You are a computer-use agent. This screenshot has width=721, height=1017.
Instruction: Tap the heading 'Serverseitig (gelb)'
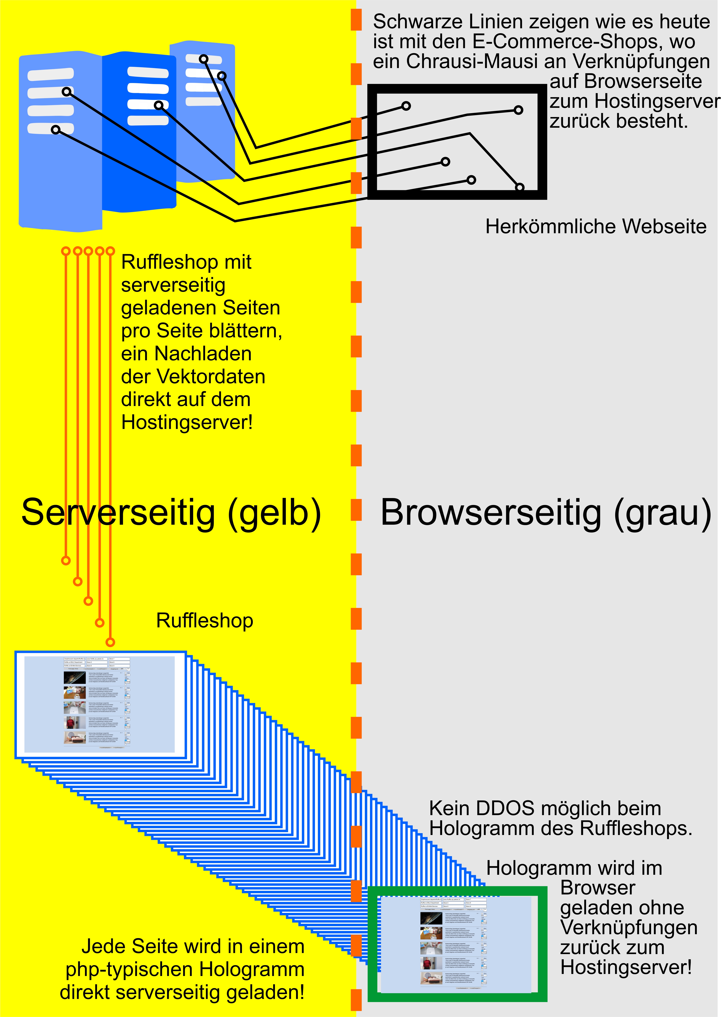(171, 512)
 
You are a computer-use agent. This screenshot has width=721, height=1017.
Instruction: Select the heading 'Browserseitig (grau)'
(546, 512)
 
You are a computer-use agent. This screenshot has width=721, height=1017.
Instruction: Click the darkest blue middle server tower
(139, 133)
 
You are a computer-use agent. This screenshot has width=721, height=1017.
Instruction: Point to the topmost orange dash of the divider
(356, 20)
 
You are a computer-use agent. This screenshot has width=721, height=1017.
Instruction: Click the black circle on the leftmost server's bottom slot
(56, 130)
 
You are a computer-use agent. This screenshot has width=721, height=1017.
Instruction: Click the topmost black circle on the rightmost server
(203, 59)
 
